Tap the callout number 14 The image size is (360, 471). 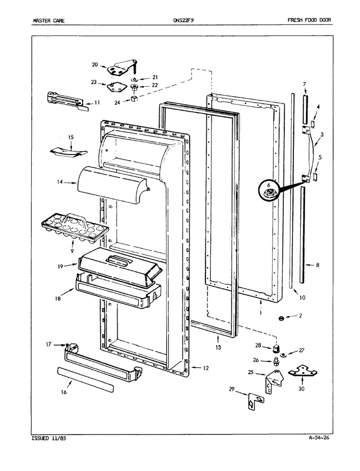coord(59,182)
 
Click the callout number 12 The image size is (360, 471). coord(205,368)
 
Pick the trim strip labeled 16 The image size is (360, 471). coord(85,379)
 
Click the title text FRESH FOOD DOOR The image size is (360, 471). coord(309,20)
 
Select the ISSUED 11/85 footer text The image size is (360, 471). coord(48,438)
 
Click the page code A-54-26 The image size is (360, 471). coord(319,437)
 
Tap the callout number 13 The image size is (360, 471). coord(218,348)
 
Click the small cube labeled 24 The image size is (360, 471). coord(134,98)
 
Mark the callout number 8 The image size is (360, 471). coord(317,265)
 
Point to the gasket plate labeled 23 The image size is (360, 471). coord(115,88)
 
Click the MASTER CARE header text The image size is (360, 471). coord(48,21)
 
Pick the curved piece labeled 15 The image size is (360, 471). coord(68,152)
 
